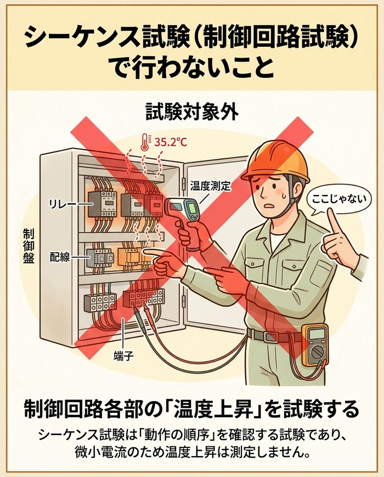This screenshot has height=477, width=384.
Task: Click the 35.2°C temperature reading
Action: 171,142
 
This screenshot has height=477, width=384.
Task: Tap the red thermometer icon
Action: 144,143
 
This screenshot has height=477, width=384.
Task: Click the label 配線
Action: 60,257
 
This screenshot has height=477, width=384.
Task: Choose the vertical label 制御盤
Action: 29,246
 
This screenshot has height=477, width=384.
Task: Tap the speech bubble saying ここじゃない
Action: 338,200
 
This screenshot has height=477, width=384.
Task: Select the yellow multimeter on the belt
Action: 315,345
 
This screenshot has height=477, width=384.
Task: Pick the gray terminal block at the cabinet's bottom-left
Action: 100,302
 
